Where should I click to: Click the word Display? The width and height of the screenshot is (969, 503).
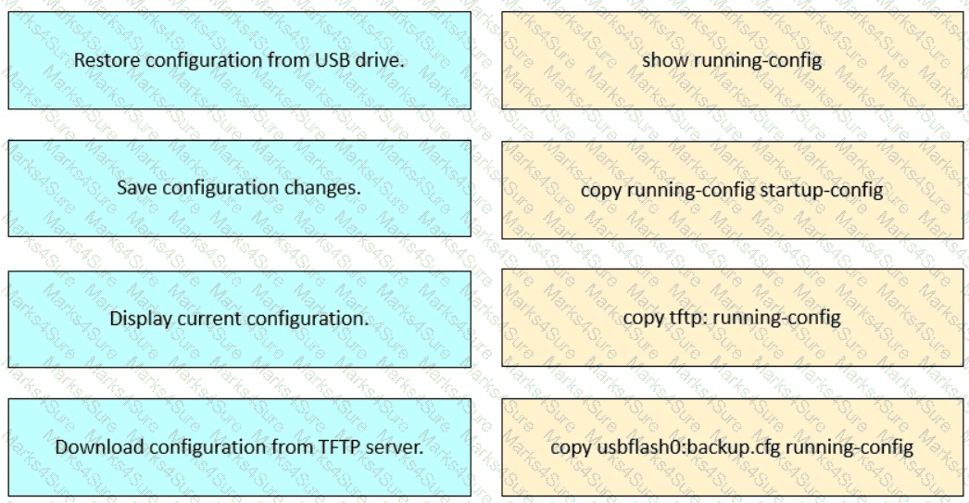(141, 319)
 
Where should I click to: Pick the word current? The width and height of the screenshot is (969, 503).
(207, 319)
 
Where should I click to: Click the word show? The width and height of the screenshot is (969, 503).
(665, 60)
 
